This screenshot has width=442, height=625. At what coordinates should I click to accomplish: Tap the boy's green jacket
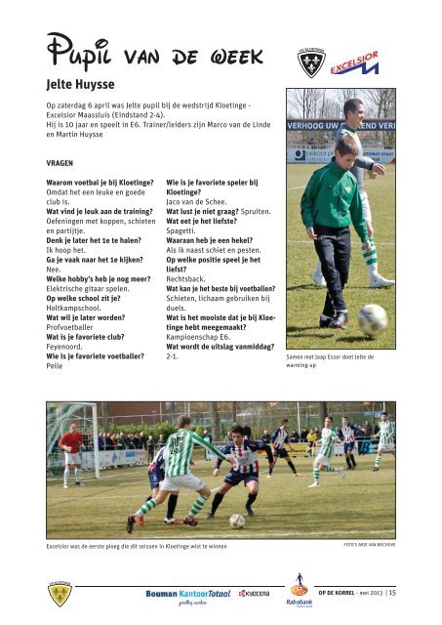[333, 195]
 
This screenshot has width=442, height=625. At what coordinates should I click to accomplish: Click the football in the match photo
[236, 521]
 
